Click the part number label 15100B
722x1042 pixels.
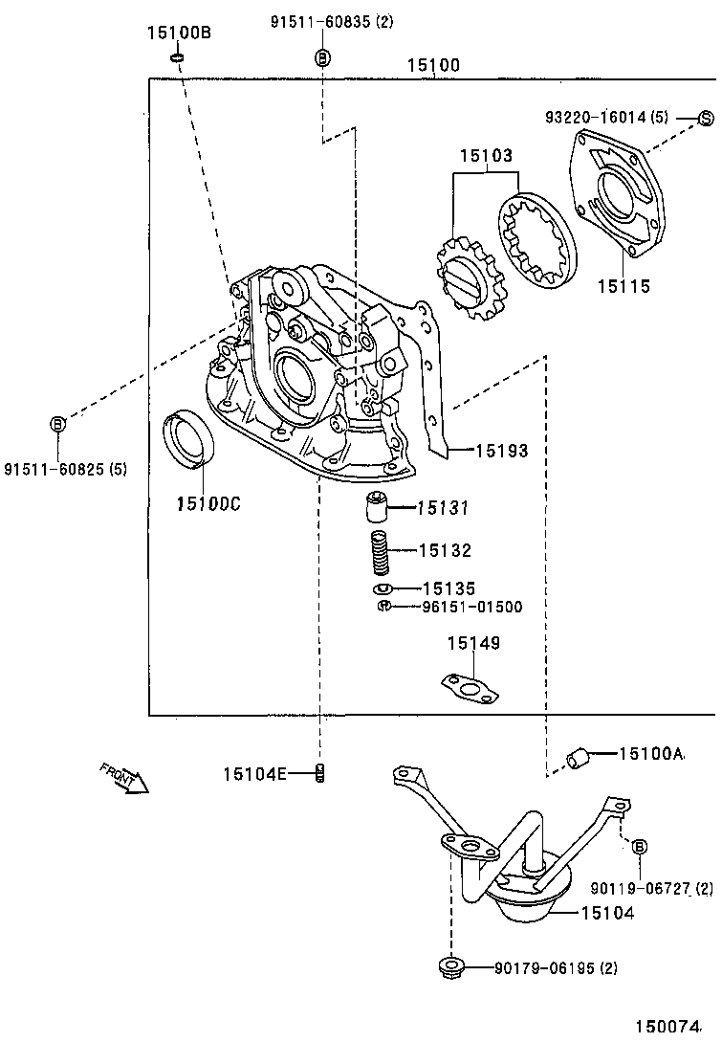coord(179,32)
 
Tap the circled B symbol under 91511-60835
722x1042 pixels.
coord(322,58)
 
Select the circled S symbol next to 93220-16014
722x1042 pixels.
coord(706,119)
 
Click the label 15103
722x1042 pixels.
coord(486,156)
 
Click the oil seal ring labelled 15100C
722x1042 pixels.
coord(188,438)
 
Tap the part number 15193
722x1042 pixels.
coord(502,452)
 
